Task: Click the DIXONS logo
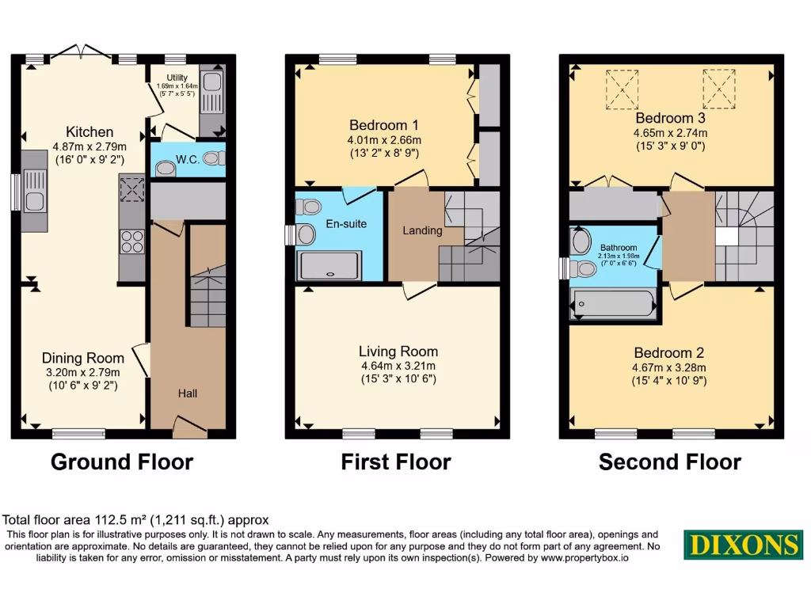[x=743, y=545]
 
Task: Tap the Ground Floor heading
[x=122, y=462]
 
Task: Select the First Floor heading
[x=396, y=462]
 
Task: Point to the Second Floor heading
[x=670, y=462]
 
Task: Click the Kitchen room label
[x=89, y=132]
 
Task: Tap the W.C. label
[x=187, y=159]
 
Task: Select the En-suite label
[x=346, y=224]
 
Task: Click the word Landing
[x=422, y=230]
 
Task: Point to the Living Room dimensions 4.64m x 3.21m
[x=398, y=366]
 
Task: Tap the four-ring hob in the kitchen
[x=131, y=240]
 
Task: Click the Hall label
[x=188, y=393]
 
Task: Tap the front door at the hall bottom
[x=190, y=430]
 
